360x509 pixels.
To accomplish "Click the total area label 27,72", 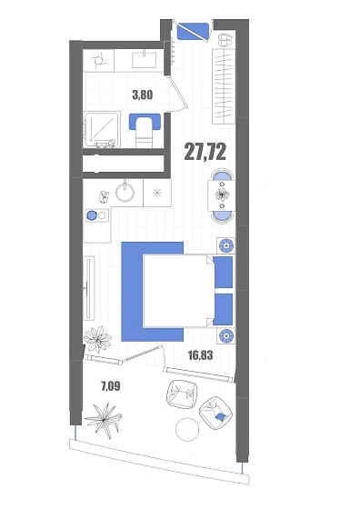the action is (x=205, y=152).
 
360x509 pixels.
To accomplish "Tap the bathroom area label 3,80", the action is (x=142, y=95).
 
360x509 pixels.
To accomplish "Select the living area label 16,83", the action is (x=201, y=355).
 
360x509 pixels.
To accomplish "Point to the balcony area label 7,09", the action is (x=110, y=386).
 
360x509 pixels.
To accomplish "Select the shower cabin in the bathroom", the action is (x=102, y=130).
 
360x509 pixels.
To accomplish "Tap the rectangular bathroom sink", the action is (x=144, y=60).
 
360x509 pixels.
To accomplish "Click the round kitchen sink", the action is (x=125, y=193).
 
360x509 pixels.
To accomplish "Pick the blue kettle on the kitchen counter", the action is (x=92, y=215).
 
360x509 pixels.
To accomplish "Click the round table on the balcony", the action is (x=187, y=429).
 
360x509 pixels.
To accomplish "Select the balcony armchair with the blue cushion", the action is (x=215, y=413).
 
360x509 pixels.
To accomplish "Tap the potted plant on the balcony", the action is (x=104, y=420).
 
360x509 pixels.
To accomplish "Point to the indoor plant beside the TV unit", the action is (x=97, y=339).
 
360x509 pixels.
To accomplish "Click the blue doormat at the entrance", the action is (x=193, y=31).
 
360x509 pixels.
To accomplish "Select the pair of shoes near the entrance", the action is (x=226, y=40).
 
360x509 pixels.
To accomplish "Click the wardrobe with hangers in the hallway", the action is (x=224, y=86).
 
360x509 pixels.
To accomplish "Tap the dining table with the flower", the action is (x=222, y=195).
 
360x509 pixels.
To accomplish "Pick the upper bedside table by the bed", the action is (x=226, y=245).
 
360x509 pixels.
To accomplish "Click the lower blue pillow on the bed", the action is (x=224, y=309).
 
